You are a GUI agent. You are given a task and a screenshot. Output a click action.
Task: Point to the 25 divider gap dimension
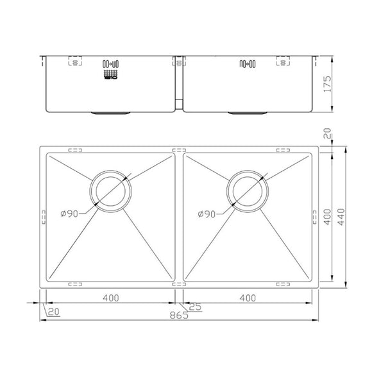(196, 307)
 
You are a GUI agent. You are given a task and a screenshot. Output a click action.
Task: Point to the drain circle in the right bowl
(246, 190)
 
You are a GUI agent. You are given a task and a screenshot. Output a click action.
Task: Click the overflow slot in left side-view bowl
(109, 63)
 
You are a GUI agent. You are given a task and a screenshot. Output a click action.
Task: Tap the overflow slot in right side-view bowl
(247, 63)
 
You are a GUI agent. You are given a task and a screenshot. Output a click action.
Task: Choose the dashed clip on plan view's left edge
(43, 219)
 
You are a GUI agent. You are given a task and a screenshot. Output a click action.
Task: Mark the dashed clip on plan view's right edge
(315, 219)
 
